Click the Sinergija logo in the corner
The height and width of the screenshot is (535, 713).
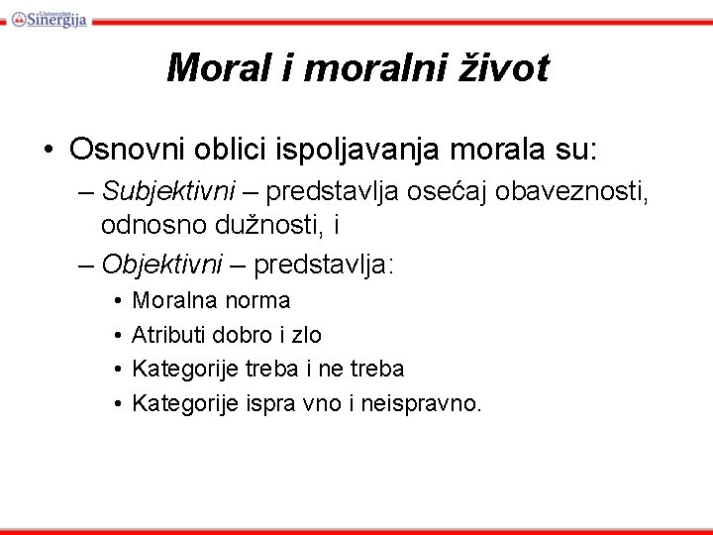click(50, 17)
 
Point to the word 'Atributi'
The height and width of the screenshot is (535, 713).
click(168, 335)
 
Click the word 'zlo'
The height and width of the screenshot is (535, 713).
click(305, 335)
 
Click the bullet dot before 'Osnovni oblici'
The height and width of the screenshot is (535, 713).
click(48, 151)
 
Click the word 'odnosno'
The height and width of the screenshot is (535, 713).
click(142, 226)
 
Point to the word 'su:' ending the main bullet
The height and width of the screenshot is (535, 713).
click(573, 150)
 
